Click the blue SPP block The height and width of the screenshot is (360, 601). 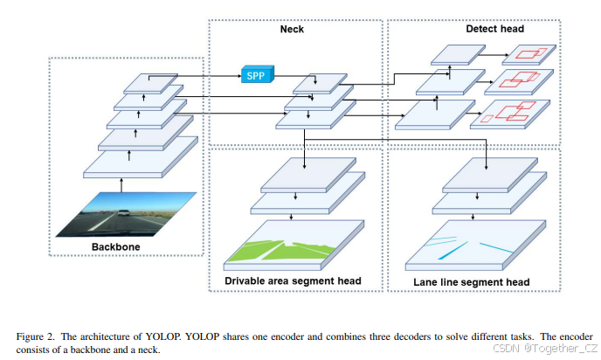click(256, 74)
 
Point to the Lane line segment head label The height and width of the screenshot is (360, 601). click(473, 281)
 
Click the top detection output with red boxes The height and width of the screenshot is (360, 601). click(526, 53)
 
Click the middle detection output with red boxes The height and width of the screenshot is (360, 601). click(519, 81)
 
